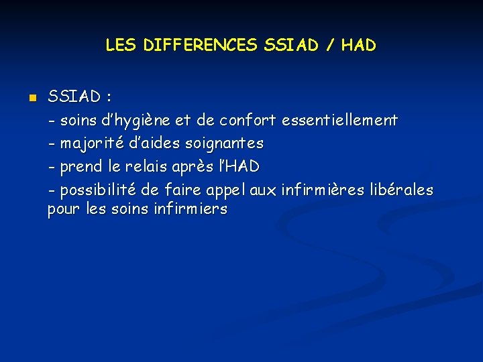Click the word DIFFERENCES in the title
click(x=201, y=46)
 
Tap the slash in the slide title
click(x=330, y=46)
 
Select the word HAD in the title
click(x=358, y=46)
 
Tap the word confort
click(x=247, y=121)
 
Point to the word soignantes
click(x=226, y=143)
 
